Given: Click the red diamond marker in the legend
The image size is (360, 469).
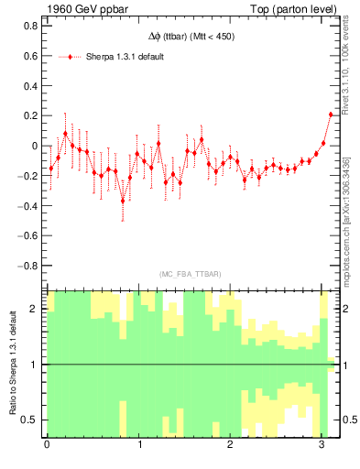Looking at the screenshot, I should (x=71, y=57).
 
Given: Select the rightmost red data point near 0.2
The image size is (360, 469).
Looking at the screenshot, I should (x=331, y=115).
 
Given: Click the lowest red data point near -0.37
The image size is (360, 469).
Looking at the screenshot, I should (x=123, y=201).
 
